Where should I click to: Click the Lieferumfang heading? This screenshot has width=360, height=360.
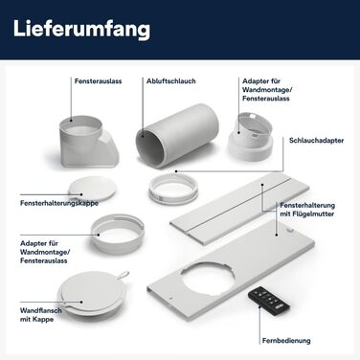(x=81, y=29)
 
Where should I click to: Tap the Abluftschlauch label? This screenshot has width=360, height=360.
(x=171, y=81)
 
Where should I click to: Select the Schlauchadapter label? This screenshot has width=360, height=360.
(x=316, y=141)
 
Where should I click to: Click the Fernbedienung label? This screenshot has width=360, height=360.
(x=286, y=341)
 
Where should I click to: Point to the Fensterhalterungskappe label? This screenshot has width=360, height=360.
(x=59, y=203)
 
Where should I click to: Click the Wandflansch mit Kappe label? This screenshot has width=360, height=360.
(x=40, y=315)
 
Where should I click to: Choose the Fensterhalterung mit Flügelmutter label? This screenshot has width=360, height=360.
(x=307, y=210)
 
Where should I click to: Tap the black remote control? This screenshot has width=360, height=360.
(x=269, y=299)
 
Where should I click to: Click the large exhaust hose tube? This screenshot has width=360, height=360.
(x=177, y=135)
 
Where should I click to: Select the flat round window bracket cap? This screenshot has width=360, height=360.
(x=93, y=189)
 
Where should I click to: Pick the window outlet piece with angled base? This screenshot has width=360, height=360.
(x=89, y=142)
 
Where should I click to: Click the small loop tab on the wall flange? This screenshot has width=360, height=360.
(x=123, y=275)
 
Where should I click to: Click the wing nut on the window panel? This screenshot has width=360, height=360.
(x=290, y=230)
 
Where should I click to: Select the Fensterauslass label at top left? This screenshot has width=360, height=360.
(x=98, y=81)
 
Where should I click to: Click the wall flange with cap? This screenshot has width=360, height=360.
(x=91, y=293)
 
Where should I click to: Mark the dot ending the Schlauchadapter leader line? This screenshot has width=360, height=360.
(x=176, y=171)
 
